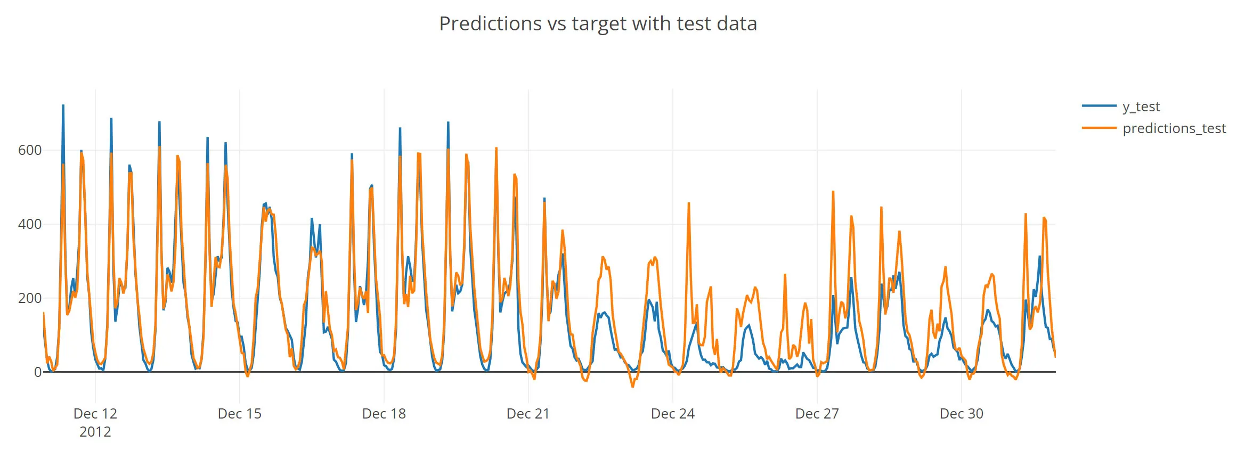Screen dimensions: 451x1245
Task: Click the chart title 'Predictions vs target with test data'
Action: click(x=598, y=24)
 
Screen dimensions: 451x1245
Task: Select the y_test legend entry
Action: click(x=1141, y=106)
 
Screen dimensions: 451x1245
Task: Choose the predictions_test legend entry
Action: click(x=1174, y=128)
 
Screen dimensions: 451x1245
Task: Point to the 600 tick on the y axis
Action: click(x=30, y=150)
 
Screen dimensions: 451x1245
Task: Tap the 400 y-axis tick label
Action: click(x=30, y=224)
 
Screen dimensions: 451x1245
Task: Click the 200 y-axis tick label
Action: click(x=30, y=298)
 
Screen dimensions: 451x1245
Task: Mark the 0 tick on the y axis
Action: click(x=37, y=372)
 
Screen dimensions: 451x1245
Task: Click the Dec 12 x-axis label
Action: click(x=95, y=414)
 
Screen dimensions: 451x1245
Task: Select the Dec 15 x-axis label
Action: click(x=240, y=414)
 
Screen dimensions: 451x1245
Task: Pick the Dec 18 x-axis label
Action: click(x=384, y=414)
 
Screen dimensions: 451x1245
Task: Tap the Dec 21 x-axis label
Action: click(x=528, y=414)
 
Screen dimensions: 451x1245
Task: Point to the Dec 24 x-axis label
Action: click(x=673, y=414)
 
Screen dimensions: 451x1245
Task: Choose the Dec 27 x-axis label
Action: click(x=817, y=414)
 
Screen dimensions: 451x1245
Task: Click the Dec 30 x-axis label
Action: click(x=962, y=414)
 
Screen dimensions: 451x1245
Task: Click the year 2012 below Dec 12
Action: click(x=95, y=432)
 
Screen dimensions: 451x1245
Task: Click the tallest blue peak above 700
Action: click(x=63, y=106)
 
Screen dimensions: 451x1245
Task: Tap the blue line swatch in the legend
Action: click(x=1099, y=106)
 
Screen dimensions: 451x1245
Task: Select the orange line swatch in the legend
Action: click(x=1099, y=128)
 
